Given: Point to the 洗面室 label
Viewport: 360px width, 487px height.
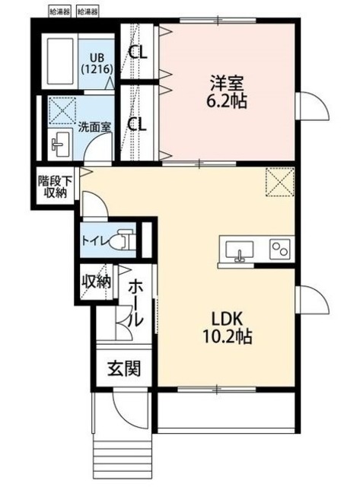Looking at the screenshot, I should click(x=94, y=126).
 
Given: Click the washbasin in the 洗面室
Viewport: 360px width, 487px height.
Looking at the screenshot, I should click(x=59, y=142).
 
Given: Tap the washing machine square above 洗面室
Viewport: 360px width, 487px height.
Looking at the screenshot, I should click(x=59, y=110).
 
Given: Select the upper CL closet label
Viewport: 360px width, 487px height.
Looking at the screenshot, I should click(x=138, y=53).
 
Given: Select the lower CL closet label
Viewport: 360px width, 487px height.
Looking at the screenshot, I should click(x=138, y=124).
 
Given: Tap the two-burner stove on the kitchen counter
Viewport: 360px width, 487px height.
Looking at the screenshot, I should click(x=279, y=250).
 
